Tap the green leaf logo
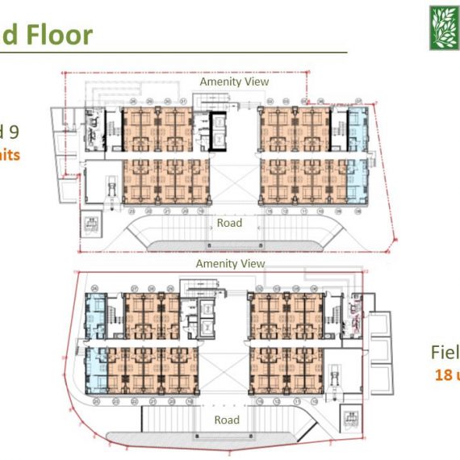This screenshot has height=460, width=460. pyautogui.click(x=444, y=28)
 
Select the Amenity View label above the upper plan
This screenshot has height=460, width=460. pyautogui.click(x=234, y=82)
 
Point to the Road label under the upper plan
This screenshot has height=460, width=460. pyautogui.click(x=229, y=223)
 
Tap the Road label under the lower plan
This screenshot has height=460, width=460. pyautogui.click(x=227, y=420)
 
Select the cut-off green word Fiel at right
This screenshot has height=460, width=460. pyautogui.click(x=445, y=353)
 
